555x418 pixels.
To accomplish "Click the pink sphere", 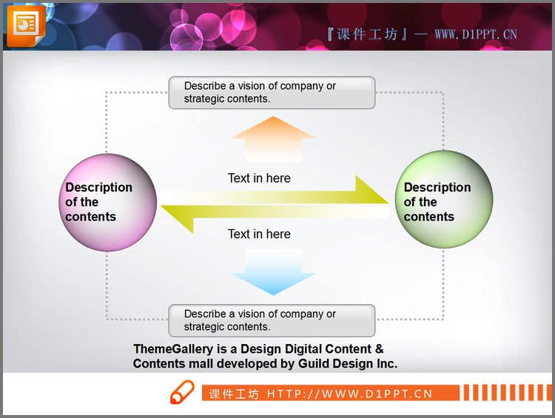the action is [x=107, y=203].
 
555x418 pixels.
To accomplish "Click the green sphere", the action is [x=444, y=199].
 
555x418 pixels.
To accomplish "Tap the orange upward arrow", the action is [x=273, y=139].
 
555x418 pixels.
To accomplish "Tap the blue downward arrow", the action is [x=273, y=272].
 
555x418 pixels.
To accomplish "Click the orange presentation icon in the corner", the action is [x=26, y=25].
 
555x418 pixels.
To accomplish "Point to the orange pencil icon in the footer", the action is [x=182, y=392].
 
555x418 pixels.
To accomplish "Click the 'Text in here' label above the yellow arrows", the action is [x=259, y=178].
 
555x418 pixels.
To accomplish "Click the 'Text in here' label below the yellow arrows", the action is [x=259, y=234].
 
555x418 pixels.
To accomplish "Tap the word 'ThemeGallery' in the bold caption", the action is [x=173, y=349].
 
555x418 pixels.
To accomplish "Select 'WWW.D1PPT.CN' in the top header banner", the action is [x=476, y=34].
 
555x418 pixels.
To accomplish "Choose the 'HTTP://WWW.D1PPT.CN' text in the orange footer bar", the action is [x=350, y=394].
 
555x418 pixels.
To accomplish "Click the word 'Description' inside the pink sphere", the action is [x=98, y=188].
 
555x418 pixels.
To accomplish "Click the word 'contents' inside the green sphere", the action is [x=429, y=217].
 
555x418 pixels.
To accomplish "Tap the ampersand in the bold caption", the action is [x=379, y=349].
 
